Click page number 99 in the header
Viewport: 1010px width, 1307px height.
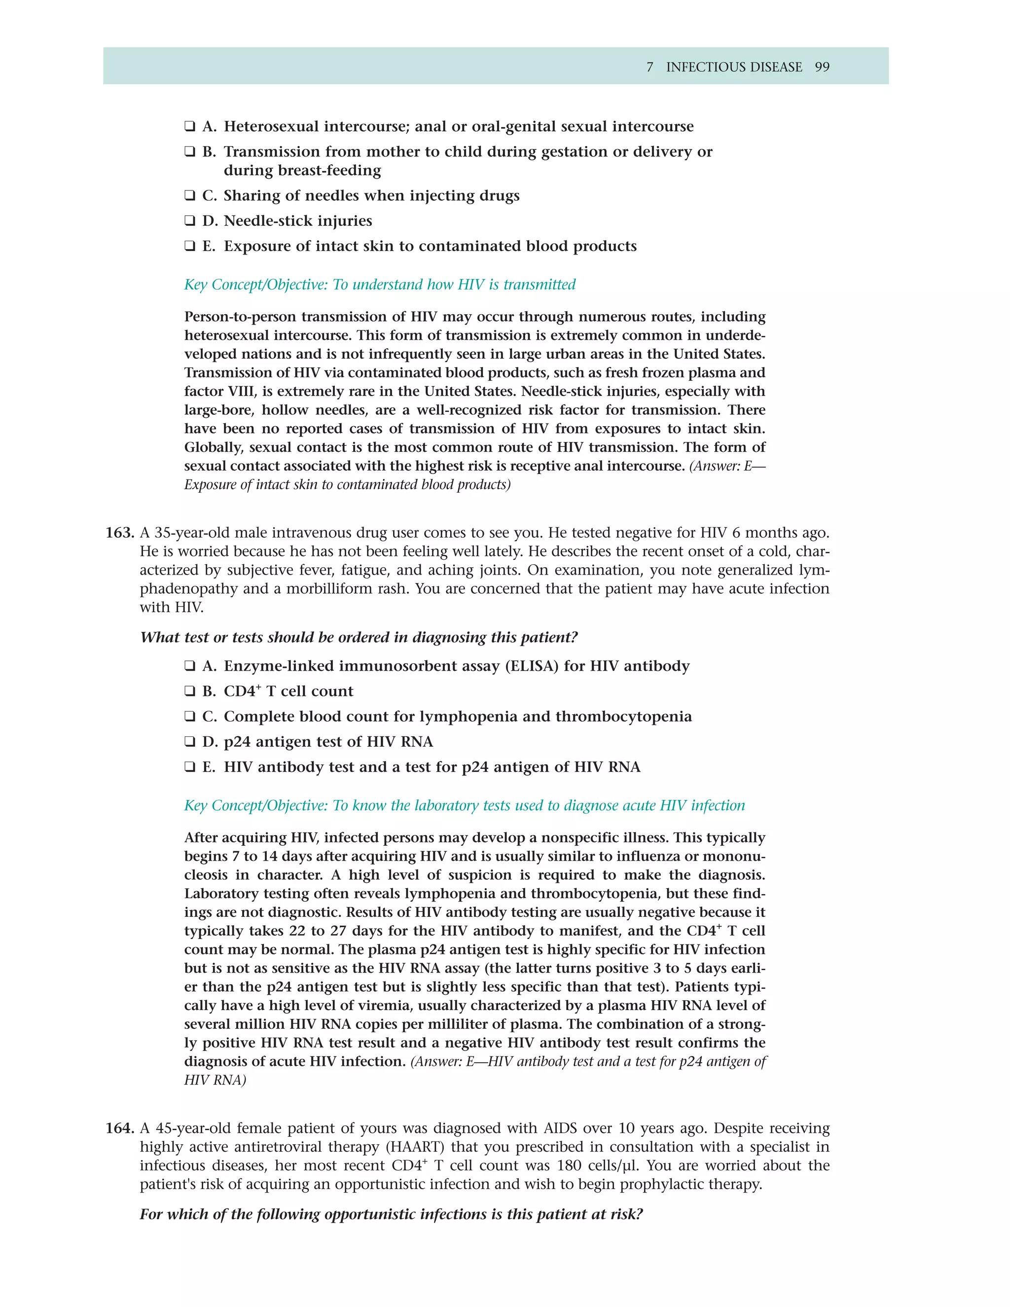coord(822,67)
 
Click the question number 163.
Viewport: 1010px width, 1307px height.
coord(119,533)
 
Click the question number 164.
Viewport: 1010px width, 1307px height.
coord(119,1128)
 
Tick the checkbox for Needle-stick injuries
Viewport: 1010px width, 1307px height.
coord(190,221)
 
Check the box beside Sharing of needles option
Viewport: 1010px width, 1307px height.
coord(190,196)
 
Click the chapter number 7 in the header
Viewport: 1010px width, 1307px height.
coord(650,67)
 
